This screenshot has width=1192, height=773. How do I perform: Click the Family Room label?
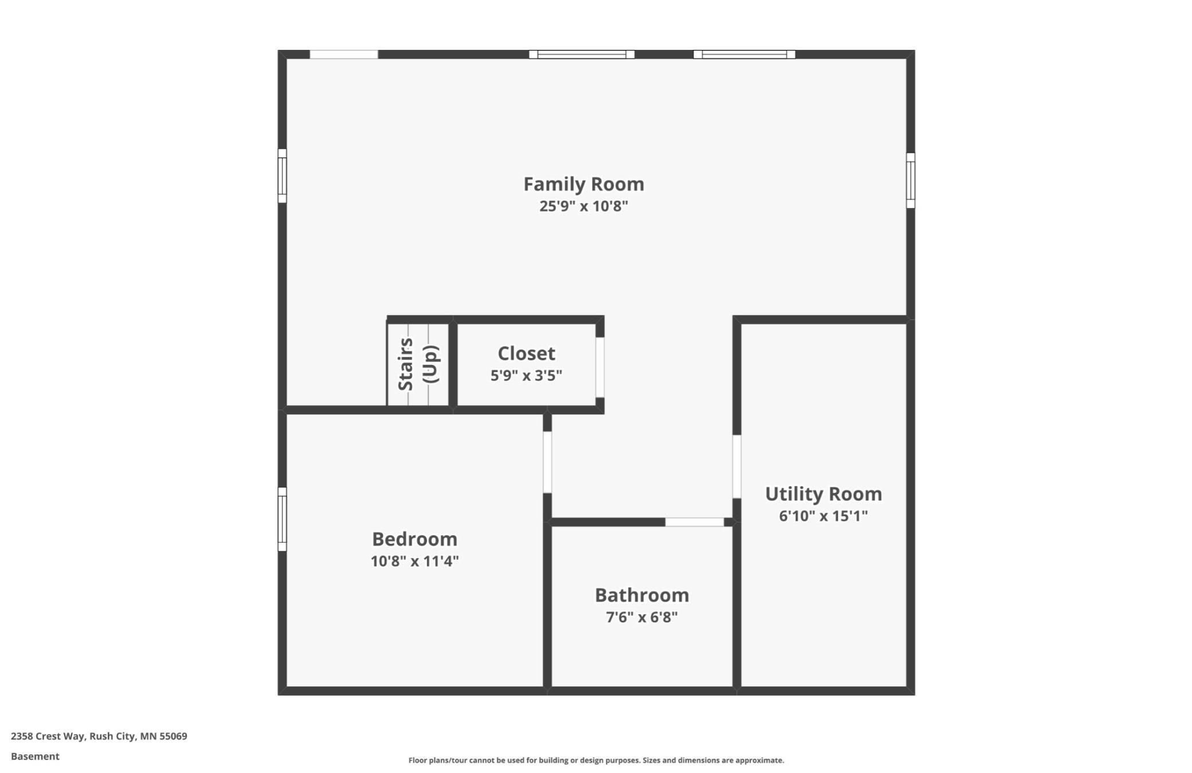point(583,184)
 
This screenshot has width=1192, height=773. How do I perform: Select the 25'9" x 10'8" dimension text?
point(583,206)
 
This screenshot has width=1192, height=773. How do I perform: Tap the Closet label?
point(526,354)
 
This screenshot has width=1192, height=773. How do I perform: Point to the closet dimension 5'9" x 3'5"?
point(526,376)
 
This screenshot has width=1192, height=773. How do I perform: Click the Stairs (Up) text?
point(418,364)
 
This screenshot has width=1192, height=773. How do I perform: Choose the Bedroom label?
point(414,539)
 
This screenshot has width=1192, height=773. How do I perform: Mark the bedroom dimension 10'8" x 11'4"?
point(414,561)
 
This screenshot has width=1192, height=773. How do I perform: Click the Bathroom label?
point(642,595)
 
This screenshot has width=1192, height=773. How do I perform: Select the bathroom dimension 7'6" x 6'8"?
point(642,617)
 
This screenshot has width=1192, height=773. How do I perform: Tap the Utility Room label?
point(824,494)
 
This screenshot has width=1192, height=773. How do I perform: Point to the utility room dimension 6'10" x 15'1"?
point(824,516)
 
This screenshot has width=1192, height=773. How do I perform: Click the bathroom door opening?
point(694,522)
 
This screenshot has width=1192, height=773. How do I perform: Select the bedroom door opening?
point(547,462)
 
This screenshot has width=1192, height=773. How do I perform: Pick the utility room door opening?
point(737,466)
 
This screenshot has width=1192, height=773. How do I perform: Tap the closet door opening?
point(600,367)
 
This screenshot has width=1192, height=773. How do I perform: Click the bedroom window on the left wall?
point(282,519)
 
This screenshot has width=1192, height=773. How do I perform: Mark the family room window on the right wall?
point(911,181)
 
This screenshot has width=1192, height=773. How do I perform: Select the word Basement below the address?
point(35,756)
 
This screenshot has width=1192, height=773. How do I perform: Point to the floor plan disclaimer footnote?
point(596,760)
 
